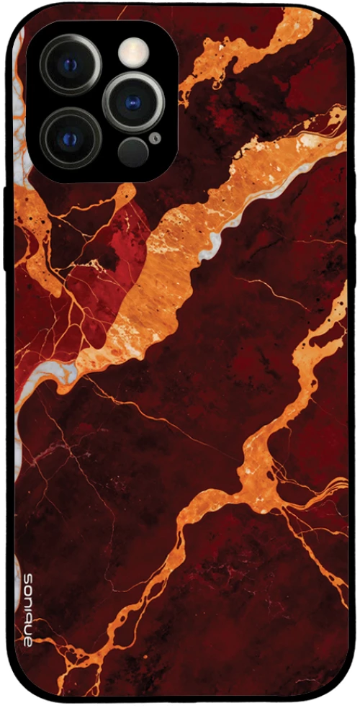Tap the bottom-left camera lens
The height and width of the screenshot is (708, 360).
[71, 138]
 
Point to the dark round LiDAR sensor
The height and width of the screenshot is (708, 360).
[133, 151]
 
